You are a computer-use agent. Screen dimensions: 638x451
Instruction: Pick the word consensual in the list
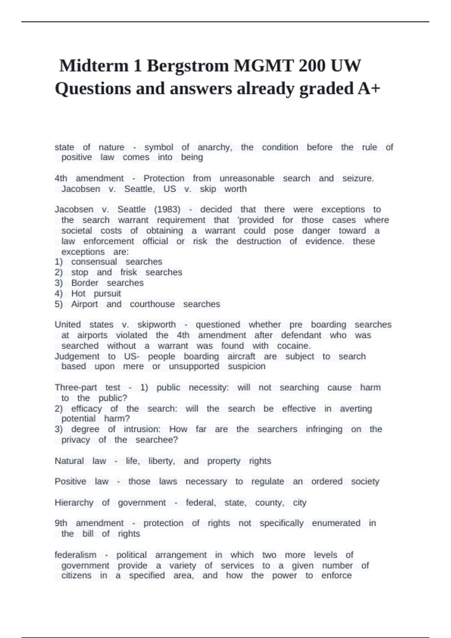tap(94, 262)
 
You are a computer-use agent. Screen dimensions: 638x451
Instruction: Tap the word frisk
tap(129, 272)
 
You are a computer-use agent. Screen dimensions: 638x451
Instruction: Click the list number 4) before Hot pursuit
tap(59, 293)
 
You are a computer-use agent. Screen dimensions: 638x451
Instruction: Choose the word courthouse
tap(152, 304)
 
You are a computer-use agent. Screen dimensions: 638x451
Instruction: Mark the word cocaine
tap(294, 346)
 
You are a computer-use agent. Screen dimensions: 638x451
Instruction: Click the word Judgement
tap(77, 356)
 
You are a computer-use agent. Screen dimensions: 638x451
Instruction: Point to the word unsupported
tap(194, 366)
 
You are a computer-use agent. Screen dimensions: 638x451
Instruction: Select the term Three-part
tap(76, 387)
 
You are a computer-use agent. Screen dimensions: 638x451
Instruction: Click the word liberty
tap(162, 461)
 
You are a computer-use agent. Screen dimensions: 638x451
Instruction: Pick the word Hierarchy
tap(74, 503)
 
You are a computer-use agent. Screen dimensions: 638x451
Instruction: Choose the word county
tap(269, 503)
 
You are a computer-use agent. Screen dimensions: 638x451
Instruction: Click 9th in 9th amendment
tap(61, 523)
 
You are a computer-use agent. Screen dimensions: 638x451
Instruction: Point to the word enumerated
tap(336, 523)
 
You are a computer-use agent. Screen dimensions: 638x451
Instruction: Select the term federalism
tap(75, 555)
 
